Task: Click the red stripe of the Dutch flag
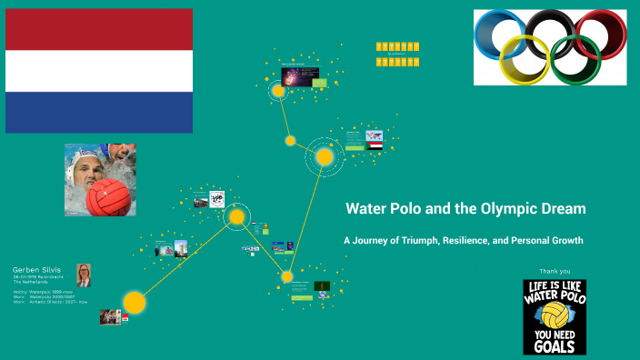[x=98, y=29]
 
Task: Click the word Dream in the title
[x=561, y=209]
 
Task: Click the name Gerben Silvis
[x=36, y=270]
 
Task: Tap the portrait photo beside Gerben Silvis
[x=83, y=275]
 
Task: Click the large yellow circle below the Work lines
[x=135, y=302]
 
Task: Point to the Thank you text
[x=555, y=271]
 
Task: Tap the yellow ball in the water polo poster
[x=554, y=315]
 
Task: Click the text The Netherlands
[x=31, y=283]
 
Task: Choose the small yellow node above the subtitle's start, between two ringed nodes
[x=290, y=141]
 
